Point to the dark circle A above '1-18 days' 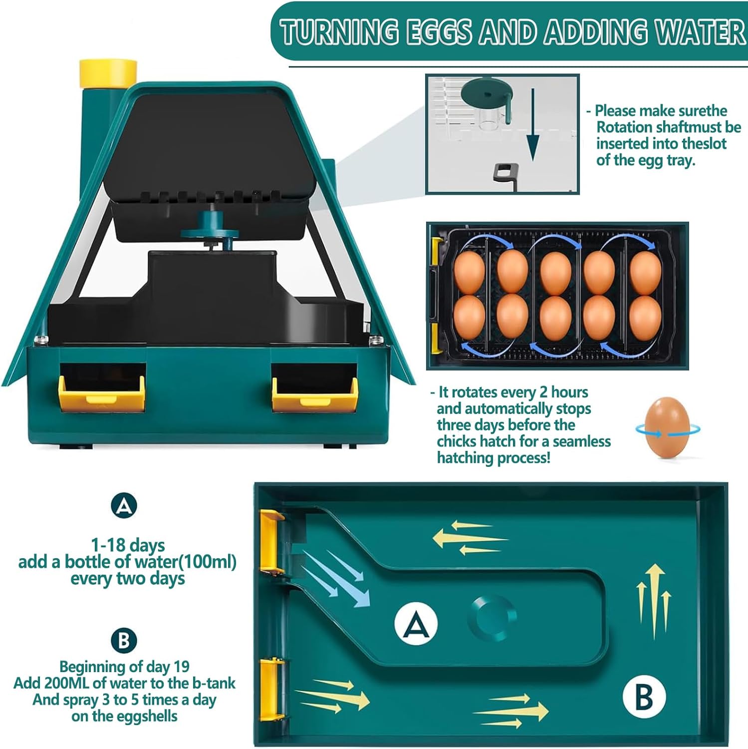(124, 506)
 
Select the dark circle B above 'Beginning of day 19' (124, 640)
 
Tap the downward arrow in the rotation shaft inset (533, 125)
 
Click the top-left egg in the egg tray (469, 272)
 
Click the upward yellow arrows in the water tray (654, 601)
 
